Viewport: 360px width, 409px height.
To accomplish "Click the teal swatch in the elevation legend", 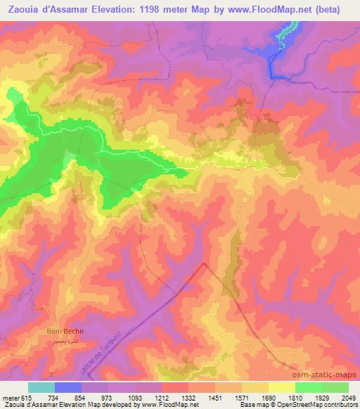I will click(x=41, y=387).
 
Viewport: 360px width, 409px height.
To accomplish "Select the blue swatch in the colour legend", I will click(x=67, y=387).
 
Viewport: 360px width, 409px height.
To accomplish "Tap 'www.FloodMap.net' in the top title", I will click(x=269, y=10).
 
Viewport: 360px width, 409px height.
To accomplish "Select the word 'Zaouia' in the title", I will click(x=22, y=10).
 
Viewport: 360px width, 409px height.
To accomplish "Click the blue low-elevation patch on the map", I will click(x=276, y=60).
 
